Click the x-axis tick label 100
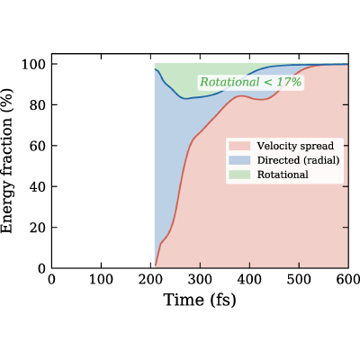pyautogui.click(x=101, y=280)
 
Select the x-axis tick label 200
pyautogui.click(x=150, y=280)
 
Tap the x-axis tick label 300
pyautogui.click(x=200, y=280)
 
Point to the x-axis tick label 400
pyautogui.click(x=249, y=280)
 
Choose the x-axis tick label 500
pyautogui.click(x=299, y=280)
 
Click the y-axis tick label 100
pyautogui.click(x=33, y=64)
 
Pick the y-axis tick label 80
pyautogui.click(x=37, y=105)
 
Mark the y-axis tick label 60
pyautogui.click(x=37, y=146)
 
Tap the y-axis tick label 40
pyautogui.click(x=37, y=186)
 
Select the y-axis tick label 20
pyautogui.click(x=37, y=228)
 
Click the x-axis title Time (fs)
pyautogui.click(x=200, y=300)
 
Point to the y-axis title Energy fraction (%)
pyautogui.click(x=7, y=161)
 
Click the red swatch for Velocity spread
pyautogui.click(x=239, y=146)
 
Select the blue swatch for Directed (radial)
pyautogui.click(x=239, y=160)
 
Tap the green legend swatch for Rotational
pyautogui.click(x=239, y=175)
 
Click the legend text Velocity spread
pyautogui.click(x=295, y=146)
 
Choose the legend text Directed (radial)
pyautogui.click(x=298, y=160)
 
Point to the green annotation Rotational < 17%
pyautogui.click(x=251, y=82)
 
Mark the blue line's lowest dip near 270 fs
pyautogui.click(x=186, y=98)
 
